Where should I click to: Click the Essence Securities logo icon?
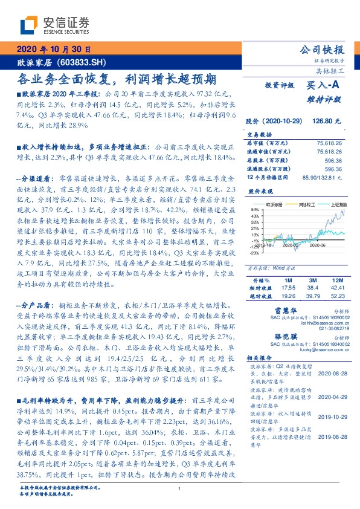click(28, 24)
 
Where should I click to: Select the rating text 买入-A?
click(324, 86)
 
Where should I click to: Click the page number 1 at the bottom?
click(179, 488)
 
